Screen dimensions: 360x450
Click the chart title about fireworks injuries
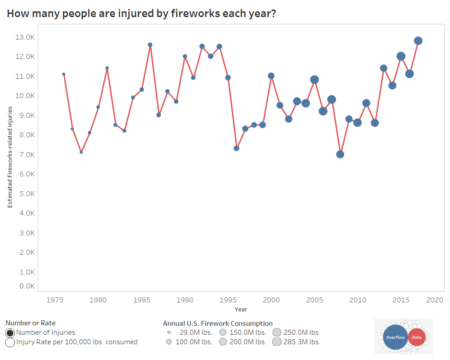click(x=141, y=13)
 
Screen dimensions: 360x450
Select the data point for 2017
click(x=418, y=41)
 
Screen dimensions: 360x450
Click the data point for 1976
click(x=63, y=74)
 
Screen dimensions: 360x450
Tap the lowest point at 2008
click(x=340, y=154)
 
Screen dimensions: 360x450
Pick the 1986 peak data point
click(x=150, y=45)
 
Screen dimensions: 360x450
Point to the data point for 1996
click(x=236, y=148)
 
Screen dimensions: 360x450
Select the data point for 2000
click(x=271, y=76)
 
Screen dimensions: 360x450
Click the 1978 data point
click(x=81, y=152)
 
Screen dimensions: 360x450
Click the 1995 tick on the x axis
click(x=228, y=300)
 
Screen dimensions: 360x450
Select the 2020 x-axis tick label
click(x=435, y=300)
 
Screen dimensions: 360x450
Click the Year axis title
click(x=240, y=310)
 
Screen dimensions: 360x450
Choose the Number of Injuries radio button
click(x=10, y=333)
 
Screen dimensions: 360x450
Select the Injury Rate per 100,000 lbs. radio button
click(x=10, y=342)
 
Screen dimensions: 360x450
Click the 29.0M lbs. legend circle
click(x=169, y=333)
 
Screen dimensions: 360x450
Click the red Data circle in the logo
click(x=417, y=337)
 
